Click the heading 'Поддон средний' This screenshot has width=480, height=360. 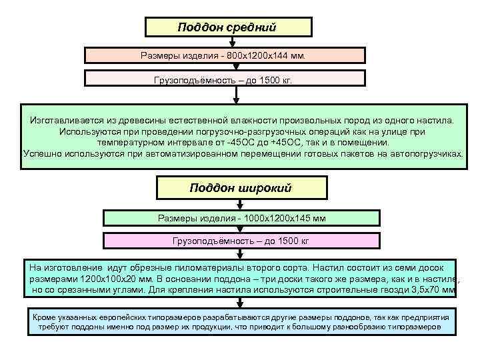pyautogui.click(x=227, y=27)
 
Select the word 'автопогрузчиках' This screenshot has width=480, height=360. pyautogui.click(x=427, y=153)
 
